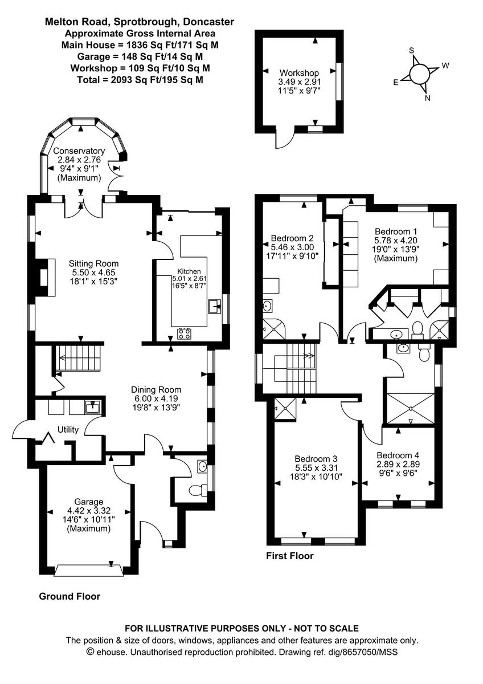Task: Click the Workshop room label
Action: [299, 73]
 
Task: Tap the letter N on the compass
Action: [428, 98]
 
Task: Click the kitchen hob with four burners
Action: [184, 334]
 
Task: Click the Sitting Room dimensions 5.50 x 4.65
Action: [94, 273]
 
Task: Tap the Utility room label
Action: [67, 430]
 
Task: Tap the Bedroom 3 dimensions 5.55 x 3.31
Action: [316, 468]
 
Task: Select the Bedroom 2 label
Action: [292, 238]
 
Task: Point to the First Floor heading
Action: [290, 556]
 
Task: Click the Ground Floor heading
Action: [69, 597]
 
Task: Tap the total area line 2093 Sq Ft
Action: [140, 80]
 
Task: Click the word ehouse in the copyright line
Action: [112, 652]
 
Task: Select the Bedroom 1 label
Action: [396, 231]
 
